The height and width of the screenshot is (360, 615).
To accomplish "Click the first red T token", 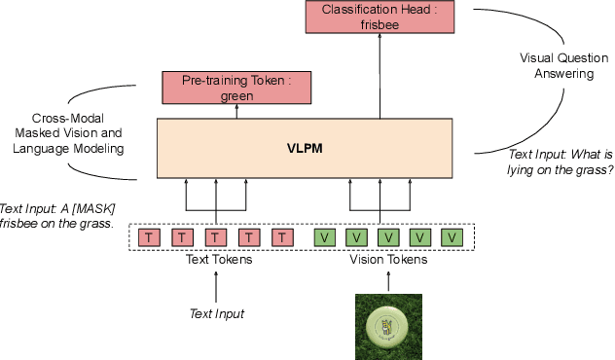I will [148, 237].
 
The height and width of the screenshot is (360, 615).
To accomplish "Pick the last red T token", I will [282, 237].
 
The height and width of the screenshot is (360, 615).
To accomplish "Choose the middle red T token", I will [215, 237].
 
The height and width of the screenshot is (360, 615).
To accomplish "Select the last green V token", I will [452, 237].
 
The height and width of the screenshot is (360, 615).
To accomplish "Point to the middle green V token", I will [387, 237].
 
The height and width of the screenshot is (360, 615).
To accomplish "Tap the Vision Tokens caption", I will [387, 261].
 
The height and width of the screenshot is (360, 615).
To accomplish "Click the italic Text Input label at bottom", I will [215, 313].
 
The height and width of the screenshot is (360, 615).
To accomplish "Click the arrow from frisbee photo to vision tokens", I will [387, 282].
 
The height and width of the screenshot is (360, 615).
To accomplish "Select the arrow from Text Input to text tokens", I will [215, 287].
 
